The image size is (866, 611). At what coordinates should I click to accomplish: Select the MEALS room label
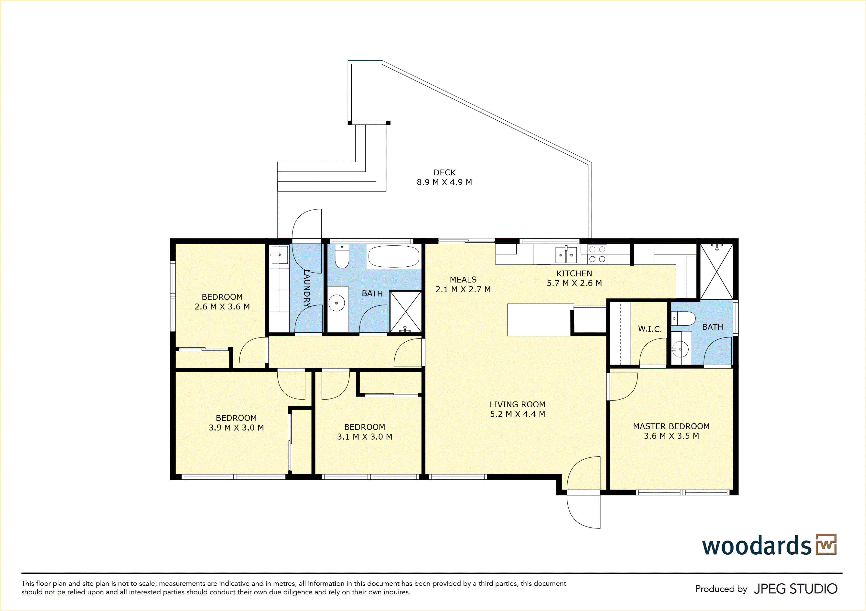463,279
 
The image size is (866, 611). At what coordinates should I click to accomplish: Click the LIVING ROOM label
518,404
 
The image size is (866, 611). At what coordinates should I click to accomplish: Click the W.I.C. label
650,329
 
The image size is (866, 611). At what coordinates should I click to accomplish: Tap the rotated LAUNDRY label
307,289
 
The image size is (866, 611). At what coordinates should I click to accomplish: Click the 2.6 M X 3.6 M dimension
222,306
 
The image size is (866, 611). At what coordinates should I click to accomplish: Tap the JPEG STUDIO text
795,589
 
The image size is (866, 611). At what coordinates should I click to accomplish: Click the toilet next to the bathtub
342,256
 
